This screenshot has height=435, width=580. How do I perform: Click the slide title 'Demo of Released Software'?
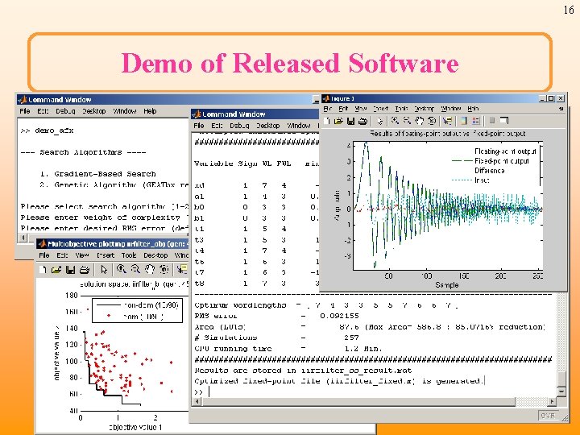click(x=289, y=62)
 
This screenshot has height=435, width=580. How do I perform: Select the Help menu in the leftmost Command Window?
click(x=150, y=111)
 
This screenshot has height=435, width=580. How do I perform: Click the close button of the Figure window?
click(x=561, y=99)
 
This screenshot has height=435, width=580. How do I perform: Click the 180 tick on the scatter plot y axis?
click(x=72, y=295)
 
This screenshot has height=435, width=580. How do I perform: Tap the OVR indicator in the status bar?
click(x=547, y=415)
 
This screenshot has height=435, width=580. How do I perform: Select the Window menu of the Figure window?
click(x=450, y=109)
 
